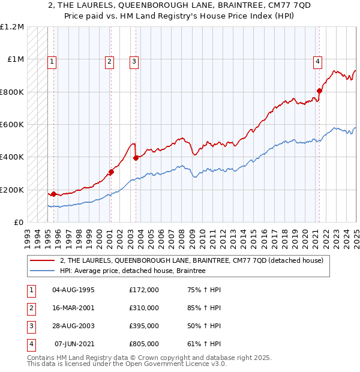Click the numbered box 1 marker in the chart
pyautogui.click(x=52, y=61)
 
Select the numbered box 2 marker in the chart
pyautogui.click(x=110, y=61)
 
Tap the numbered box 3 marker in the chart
pyautogui.click(x=134, y=61)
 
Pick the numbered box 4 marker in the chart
pyautogui.click(x=317, y=61)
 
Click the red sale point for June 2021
pyautogui.click(x=319, y=91)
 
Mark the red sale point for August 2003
pyautogui.click(x=136, y=158)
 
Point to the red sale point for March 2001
pyautogui.click(x=111, y=172)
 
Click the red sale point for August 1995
pyautogui.click(x=53, y=194)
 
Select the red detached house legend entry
pyautogui.click(x=191, y=260)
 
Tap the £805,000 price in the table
pyautogui.click(x=144, y=344)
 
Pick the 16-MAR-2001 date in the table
pyautogui.click(x=73, y=308)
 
